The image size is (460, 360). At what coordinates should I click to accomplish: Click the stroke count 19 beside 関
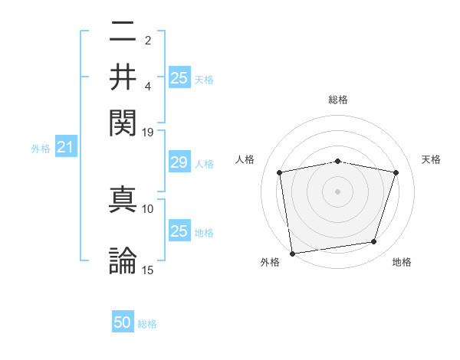148,132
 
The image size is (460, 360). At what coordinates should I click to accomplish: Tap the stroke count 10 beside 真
148,208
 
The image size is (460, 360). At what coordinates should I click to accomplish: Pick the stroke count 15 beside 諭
148,270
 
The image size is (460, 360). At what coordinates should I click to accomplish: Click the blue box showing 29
179,162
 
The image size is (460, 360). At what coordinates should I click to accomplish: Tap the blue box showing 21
64,147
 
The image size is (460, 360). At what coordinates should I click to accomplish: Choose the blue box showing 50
123,322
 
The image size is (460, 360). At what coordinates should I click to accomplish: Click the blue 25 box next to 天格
179,78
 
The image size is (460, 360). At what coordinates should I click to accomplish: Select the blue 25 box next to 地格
179,231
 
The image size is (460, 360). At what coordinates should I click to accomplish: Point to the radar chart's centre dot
337,191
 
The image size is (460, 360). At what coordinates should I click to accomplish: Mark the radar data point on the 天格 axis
396,172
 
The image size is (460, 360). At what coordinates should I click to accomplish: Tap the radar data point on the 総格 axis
337,161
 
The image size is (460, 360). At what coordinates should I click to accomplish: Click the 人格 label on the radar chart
245,159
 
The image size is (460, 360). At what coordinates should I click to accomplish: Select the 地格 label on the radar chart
402,263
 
